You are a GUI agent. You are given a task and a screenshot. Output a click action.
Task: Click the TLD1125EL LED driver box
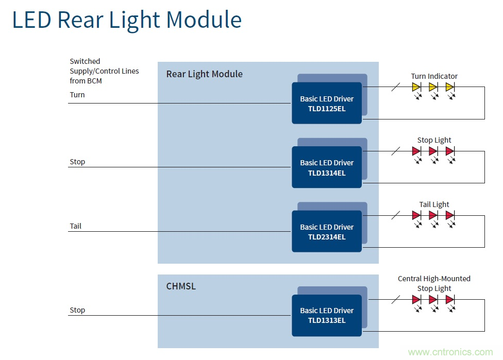(327, 103)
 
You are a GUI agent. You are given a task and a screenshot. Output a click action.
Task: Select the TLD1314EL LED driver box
(327, 167)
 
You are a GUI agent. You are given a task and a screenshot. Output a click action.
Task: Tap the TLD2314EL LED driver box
(327, 232)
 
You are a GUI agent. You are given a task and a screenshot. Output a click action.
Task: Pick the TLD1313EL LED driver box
(327, 315)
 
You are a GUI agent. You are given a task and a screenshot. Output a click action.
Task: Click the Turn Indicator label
(434, 76)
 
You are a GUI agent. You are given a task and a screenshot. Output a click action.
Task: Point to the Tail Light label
(434, 204)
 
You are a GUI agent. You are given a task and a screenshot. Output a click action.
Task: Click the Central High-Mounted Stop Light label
(434, 283)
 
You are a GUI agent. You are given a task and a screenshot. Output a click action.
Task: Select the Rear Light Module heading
(204, 74)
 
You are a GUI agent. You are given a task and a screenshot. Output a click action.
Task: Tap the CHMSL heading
(181, 286)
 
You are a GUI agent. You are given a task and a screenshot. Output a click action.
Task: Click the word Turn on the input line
(77, 95)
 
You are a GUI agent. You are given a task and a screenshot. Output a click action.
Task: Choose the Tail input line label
(76, 226)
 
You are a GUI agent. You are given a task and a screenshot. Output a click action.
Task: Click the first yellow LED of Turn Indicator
(416, 87)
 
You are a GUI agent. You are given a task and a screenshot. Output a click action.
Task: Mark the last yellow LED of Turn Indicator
(449, 87)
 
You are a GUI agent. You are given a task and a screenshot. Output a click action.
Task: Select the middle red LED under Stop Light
(433, 151)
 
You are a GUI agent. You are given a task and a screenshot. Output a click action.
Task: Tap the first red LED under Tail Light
(416, 215)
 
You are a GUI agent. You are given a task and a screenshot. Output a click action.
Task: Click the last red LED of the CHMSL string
(449, 299)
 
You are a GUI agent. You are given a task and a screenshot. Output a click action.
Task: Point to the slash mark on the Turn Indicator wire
(395, 87)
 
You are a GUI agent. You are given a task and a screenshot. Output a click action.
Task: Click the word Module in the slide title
(204, 20)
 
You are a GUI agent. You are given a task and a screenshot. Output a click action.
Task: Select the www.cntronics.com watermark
(450, 352)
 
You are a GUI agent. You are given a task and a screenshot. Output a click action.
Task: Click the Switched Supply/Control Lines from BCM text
(104, 71)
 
